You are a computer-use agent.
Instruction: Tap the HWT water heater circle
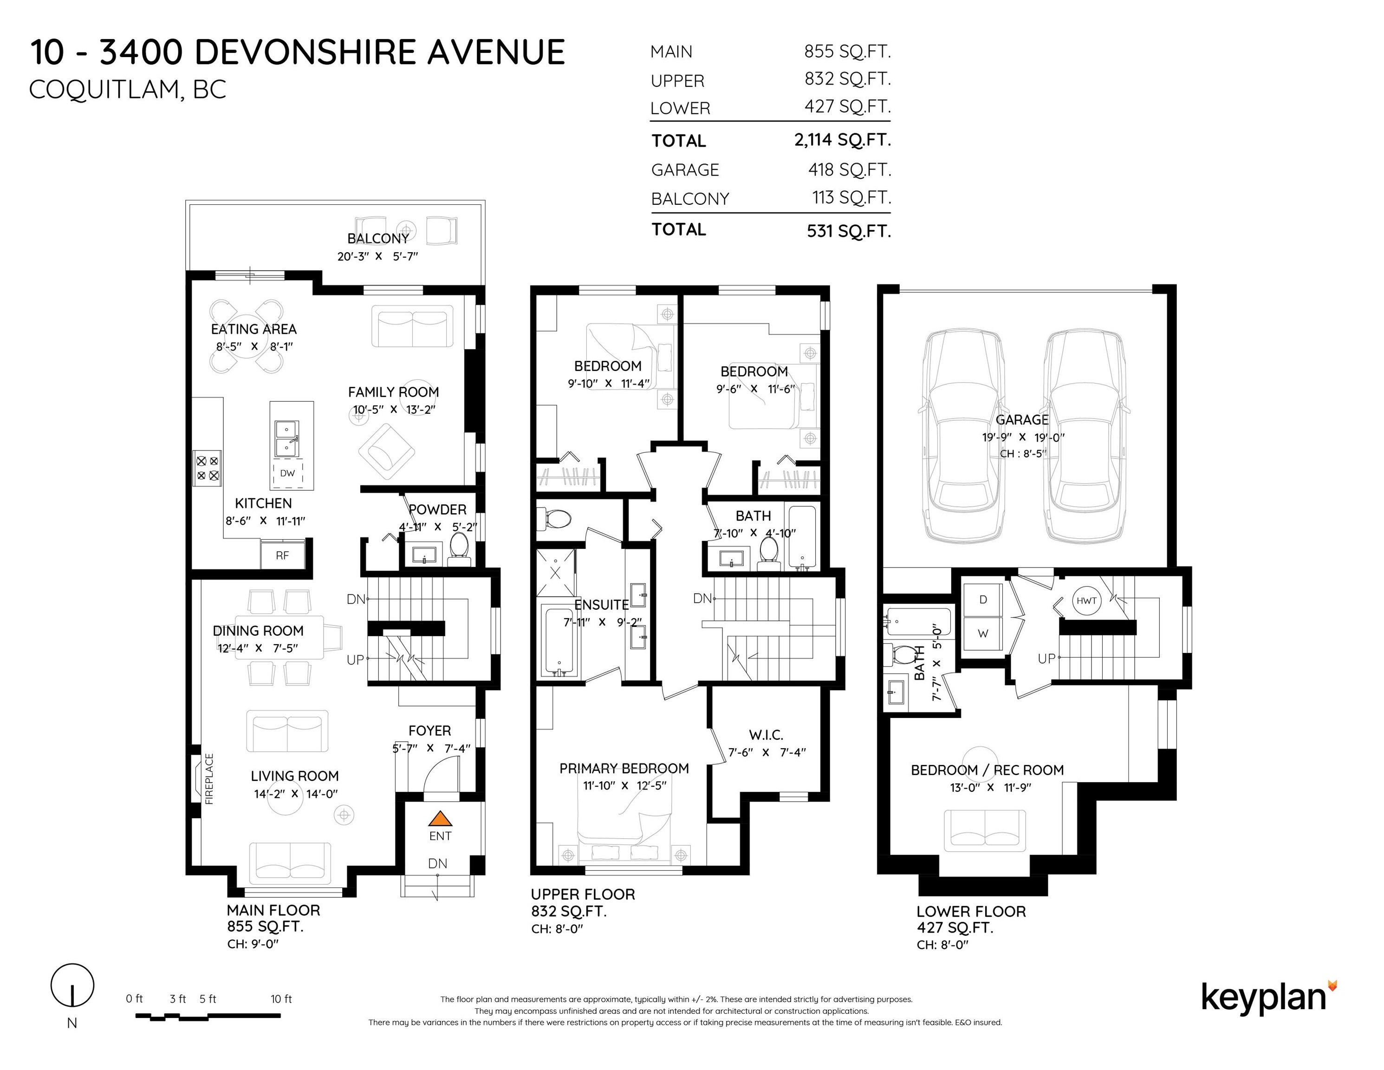[1086, 600]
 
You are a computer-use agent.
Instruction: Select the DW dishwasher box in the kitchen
[288, 473]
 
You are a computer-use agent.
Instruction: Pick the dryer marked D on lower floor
[983, 600]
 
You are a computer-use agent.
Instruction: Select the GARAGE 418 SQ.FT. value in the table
[849, 170]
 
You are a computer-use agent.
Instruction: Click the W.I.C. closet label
[766, 735]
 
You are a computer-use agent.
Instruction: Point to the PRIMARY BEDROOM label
[624, 768]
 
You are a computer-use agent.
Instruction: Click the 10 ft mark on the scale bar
[281, 999]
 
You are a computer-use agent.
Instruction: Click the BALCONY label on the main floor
[378, 238]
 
